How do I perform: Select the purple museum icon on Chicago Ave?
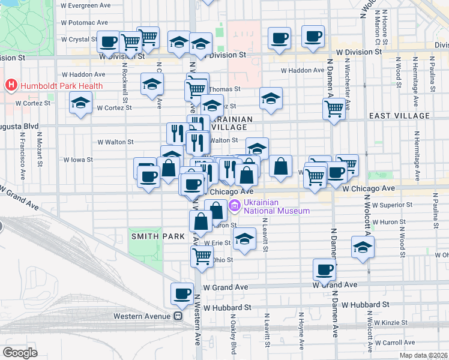tap(234, 206)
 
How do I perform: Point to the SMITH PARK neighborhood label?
tap(158, 236)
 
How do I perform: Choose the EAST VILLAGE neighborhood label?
tap(399, 116)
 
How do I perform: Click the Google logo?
tap(20, 353)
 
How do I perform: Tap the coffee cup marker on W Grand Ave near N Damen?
tap(325, 270)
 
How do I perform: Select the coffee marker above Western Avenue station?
tap(182, 293)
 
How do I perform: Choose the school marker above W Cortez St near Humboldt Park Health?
tap(80, 103)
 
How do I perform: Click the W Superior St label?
tap(391, 205)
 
